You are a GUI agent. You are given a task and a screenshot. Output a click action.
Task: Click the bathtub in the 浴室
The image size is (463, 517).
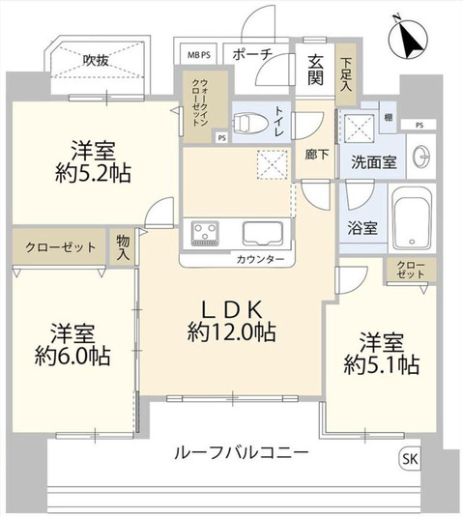tap(416, 218)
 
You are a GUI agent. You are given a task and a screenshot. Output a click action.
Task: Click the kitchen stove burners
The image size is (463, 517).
tap(207, 234)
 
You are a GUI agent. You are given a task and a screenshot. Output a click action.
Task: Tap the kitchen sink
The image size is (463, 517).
tap(264, 234)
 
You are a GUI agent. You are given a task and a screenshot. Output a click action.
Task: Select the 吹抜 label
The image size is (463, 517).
tap(94, 60)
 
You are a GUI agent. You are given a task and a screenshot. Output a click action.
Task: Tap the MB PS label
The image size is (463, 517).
tap(198, 54)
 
